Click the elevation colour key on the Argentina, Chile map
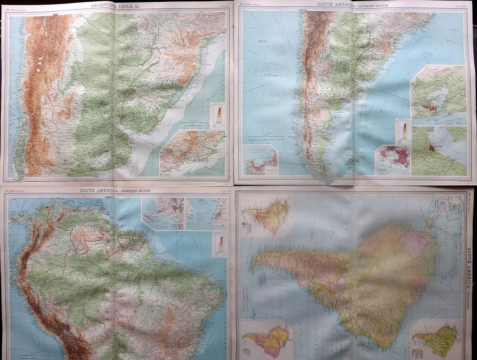pyautogui.click(x=217, y=115)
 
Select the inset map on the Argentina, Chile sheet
pyautogui.click(x=193, y=153)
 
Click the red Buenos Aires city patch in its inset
pyautogui.click(x=431, y=148)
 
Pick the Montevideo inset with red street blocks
pyautogui.click(x=393, y=160)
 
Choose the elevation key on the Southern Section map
pyautogui.click(x=403, y=131)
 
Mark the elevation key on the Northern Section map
pyautogui.click(x=219, y=245)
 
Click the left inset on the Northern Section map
pyautogui.click(x=163, y=213)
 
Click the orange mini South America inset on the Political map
pyautogui.click(x=267, y=216)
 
